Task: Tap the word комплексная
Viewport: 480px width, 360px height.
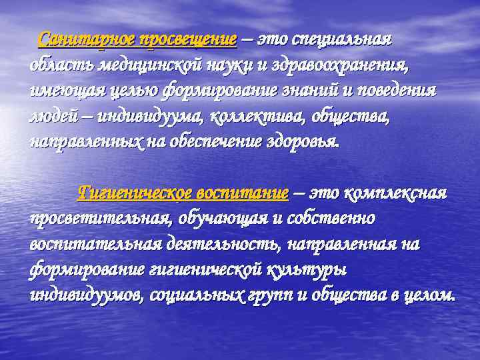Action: pos(396,193)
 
